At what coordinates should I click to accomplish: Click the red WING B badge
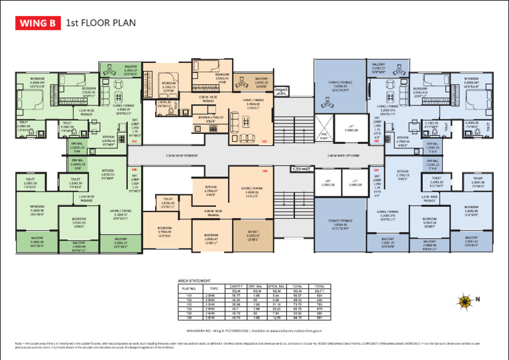[x=37, y=24]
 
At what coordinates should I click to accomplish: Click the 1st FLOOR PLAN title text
[x=99, y=24]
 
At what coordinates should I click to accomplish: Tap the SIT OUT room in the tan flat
[x=253, y=236]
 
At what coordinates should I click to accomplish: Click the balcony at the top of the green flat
[x=131, y=70]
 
